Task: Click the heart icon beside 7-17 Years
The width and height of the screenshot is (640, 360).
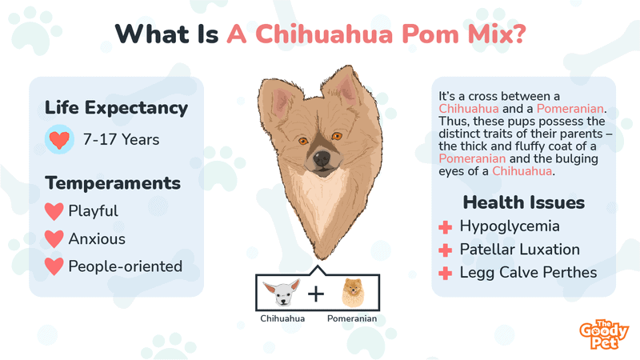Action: (x=59, y=139)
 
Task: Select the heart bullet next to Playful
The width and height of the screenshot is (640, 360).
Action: (x=54, y=211)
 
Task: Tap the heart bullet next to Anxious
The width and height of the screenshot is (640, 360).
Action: (x=54, y=238)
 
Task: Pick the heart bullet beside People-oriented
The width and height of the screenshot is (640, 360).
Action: (x=54, y=266)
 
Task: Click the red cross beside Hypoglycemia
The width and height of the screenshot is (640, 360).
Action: (x=446, y=227)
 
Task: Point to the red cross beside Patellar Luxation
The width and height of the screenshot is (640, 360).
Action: (x=446, y=250)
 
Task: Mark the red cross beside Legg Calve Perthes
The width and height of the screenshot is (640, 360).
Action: (x=446, y=273)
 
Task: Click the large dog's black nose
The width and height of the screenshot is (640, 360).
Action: (x=322, y=158)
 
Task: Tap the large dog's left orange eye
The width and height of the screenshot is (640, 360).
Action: (x=303, y=142)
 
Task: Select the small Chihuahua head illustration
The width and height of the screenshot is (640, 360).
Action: (x=282, y=293)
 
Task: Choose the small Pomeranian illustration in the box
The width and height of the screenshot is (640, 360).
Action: (x=353, y=293)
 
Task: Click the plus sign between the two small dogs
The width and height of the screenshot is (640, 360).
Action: (x=316, y=294)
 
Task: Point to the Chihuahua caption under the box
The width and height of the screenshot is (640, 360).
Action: (x=282, y=318)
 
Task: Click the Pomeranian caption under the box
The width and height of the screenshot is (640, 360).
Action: (x=352, y=318)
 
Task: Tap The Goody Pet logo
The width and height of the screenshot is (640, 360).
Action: (x=604, y=334)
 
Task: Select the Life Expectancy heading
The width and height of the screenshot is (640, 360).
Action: (x=116, y=108)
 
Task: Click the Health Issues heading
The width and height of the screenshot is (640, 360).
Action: (x=524, y=202)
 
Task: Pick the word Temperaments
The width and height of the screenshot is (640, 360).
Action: (x=113, y=183)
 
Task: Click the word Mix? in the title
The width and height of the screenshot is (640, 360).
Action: (x=497, y=34)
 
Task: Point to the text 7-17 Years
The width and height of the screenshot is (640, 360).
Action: (x=122, y=139)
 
